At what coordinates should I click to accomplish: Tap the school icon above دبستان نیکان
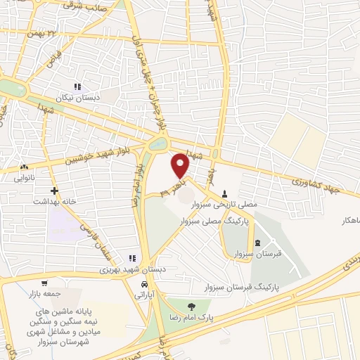coord(86,86)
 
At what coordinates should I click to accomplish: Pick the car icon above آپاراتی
coord(144,284)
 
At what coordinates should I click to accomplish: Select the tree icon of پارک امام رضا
coord(192,306)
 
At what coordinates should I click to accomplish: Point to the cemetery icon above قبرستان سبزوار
coord(256,243)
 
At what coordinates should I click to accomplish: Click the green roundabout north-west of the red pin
coord(159,144)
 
